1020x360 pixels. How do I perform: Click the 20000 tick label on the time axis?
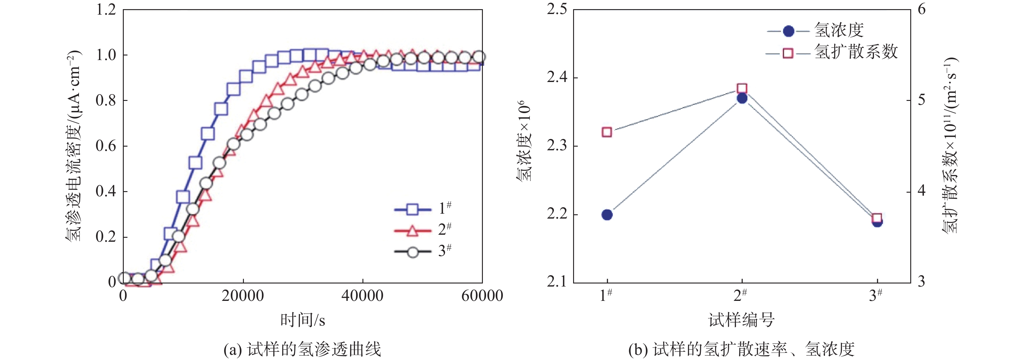pos(242,296)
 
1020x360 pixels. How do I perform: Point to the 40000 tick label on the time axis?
pos(362,296)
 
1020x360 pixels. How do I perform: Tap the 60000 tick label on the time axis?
pos(482,296)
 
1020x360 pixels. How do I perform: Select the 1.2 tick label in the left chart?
pos(106,9)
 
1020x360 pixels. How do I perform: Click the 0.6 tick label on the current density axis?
pos(106,146)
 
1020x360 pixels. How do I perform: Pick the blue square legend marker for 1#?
pos(412,209)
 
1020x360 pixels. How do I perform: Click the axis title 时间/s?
pos(302,320)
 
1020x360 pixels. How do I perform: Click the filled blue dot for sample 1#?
pos(607,215)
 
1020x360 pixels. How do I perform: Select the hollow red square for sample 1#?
pos(607,132)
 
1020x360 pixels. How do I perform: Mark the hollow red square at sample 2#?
pos(742,88)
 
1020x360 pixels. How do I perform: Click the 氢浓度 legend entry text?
pos(839,30)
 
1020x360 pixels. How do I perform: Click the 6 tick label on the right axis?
pos(922,9)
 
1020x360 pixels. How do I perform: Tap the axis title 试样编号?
pos(741,320)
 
